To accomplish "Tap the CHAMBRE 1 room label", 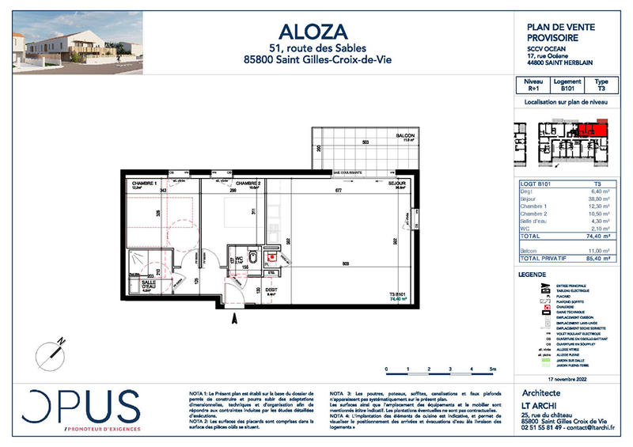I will [144, 183].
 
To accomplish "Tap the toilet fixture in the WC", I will [251, 256].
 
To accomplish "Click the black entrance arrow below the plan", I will [233, 320].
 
